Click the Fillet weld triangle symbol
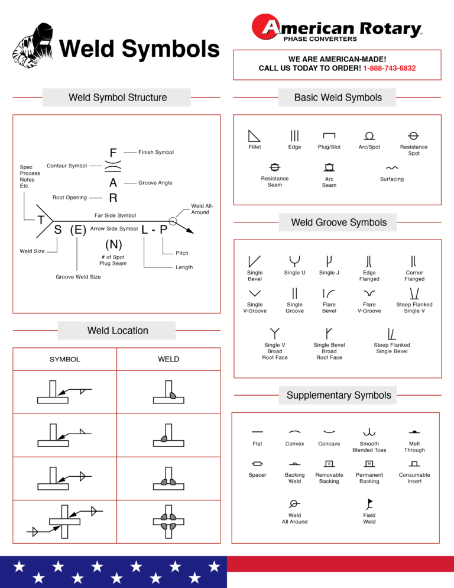click(x=254, y=135)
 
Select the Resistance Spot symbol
click(x=414, y=135)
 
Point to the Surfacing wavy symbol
click(x=391, y=168)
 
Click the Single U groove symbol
click(x=294, y=260)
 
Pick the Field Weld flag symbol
click(x=369, y=504)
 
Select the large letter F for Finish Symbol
click(x=113, y=153)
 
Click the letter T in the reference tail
click(x=41, y=220)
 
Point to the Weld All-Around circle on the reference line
click(x=172, y=221)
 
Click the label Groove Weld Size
click(x=78, y=277)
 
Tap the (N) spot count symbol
click(x=113, y=244)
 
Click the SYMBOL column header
click(x=65, y=359)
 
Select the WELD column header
click(x=168, y=359)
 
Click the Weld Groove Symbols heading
click(x=339, y=222)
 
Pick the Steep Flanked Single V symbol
click(x=414, y=293)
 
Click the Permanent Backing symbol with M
click(x=369, y=463)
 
